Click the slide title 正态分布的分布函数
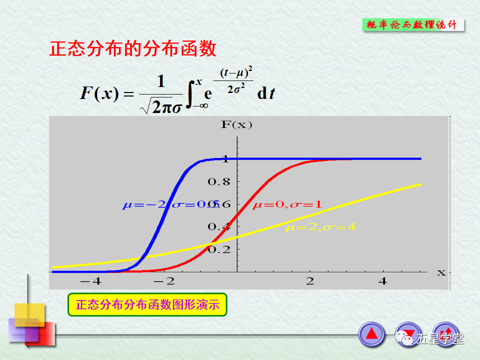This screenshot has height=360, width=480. (132, 49)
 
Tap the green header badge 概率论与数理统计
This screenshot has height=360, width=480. (412, 25)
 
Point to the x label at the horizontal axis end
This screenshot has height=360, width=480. (441, 272)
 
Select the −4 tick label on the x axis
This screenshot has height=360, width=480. (90, 281)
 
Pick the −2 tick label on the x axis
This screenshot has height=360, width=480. (163, 281)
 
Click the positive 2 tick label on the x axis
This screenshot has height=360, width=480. (310, 281)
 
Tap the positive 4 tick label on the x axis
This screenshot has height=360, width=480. (383, 281)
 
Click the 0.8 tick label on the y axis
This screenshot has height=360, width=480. (219, 182)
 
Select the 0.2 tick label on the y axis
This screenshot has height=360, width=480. (219, 249)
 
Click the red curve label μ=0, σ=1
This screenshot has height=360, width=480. (287, 204)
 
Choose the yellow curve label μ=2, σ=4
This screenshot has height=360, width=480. (320, 227)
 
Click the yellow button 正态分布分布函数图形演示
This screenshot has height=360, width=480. (147, 304)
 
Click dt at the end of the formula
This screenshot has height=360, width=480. (265, 93)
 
